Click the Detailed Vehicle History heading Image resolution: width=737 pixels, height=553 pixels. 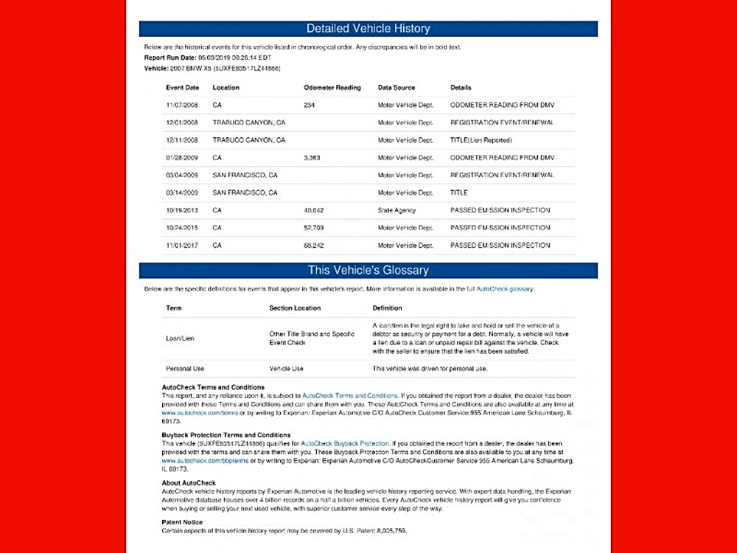368,29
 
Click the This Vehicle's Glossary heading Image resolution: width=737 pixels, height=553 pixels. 368,270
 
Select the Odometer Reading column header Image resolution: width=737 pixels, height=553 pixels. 332,88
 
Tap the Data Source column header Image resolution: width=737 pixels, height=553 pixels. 397,88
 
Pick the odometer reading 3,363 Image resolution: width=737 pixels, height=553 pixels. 312,158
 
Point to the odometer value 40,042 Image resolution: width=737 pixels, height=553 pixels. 314,210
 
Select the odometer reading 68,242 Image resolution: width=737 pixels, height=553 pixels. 314,246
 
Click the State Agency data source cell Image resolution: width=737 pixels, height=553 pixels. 397,210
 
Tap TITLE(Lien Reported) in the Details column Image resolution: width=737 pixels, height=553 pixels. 481,140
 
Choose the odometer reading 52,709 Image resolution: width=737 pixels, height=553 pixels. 314,228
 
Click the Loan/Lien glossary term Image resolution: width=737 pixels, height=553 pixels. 181,338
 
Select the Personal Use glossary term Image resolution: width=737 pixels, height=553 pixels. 185,369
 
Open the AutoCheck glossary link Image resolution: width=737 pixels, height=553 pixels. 505,289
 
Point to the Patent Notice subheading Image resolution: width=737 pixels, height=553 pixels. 182,522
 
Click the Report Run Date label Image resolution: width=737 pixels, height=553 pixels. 170,58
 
